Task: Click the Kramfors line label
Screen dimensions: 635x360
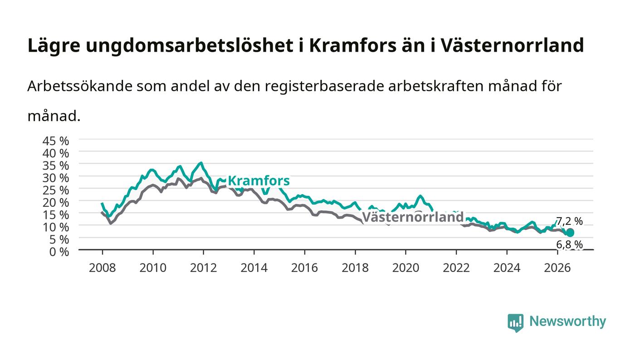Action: pyautogui.click(x=259, y=180)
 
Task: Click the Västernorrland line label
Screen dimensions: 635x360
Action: pyautogui.click(x=413, y=217)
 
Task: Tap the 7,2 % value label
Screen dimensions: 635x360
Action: pyautogui.click(x=569, y=221)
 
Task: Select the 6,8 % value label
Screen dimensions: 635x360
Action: pyautogui.click(x=569, y=244)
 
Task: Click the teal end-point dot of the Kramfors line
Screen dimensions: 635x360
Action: pyautogui.click(x=570, y=233)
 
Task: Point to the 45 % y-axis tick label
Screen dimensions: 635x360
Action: pyautogui.click(x=55, y=141)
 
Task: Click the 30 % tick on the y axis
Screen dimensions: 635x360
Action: pyautogui.click(x=55, y=178)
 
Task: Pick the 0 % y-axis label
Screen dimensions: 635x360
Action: pyautogui.click(x=59, y=252)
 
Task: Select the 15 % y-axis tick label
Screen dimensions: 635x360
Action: pyautogui.click(x=55, y=215)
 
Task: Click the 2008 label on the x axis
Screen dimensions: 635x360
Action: pyautogui.click(x=103, y=268)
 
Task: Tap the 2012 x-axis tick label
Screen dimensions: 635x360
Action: pyautogui.click(x=203, y=268)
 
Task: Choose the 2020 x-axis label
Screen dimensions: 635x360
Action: pyautogui.click(x=405, y=268)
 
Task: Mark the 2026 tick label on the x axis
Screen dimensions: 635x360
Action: pyautogui.click(x=557, y=268)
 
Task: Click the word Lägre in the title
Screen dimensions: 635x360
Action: pyautogui.click(x=54, y=46)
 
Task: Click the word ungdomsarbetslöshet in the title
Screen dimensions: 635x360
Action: pyautogui.click(x=190, y=46)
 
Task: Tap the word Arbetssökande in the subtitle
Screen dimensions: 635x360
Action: pyautogui.click(x=80, y=86)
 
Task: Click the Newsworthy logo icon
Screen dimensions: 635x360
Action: pyautogui.click(x=515, y=322)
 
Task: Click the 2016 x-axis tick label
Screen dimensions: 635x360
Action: pyautogui.click(x=304, y=268)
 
